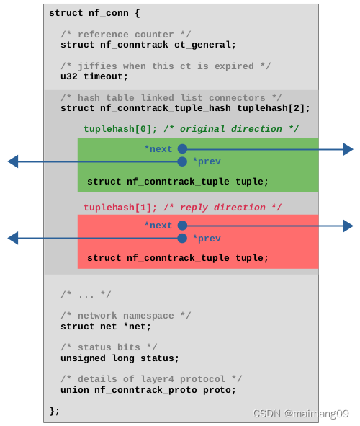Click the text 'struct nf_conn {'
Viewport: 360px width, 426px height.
click(x=94, y=13)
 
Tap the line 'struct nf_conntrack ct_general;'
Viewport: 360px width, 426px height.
click(x=148, y=45)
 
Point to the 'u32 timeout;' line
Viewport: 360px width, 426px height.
click(x=94, y=76)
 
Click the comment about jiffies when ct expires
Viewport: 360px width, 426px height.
click(x=166, y=66)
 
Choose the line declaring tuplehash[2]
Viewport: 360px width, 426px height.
click(x=185, y=108)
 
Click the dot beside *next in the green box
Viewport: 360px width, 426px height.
click(x=182, y=149)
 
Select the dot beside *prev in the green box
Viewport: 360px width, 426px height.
click(x=182, y=161)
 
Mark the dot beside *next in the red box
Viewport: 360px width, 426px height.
click(x=182, y=226)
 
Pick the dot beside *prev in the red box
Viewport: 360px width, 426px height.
click(x=182, y=238)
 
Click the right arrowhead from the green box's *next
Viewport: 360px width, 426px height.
click(x=348, y=149)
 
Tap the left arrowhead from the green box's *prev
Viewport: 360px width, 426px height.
click(x=12, y=161)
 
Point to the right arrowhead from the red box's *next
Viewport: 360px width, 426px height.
click(x=348, y=226)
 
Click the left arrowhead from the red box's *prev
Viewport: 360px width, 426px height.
click(x=12, y=238)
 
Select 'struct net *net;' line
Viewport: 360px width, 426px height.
click(x=106, y=327)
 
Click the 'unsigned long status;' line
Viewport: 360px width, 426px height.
click(x=120, y=358)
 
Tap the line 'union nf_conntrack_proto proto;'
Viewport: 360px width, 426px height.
click(x=148, y=390)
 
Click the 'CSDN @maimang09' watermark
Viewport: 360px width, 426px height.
click(x=301, y=414)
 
